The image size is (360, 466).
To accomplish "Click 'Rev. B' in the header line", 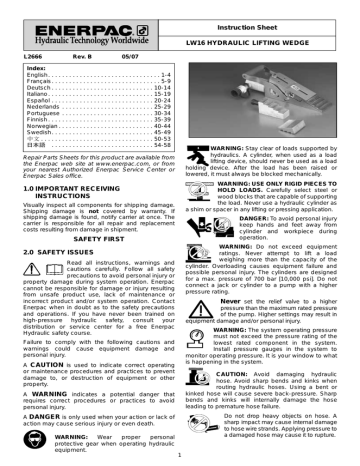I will pos(79,57).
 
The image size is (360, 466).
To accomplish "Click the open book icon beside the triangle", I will pos(53,269).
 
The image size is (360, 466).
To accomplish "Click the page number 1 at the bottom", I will pos(178,459).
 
